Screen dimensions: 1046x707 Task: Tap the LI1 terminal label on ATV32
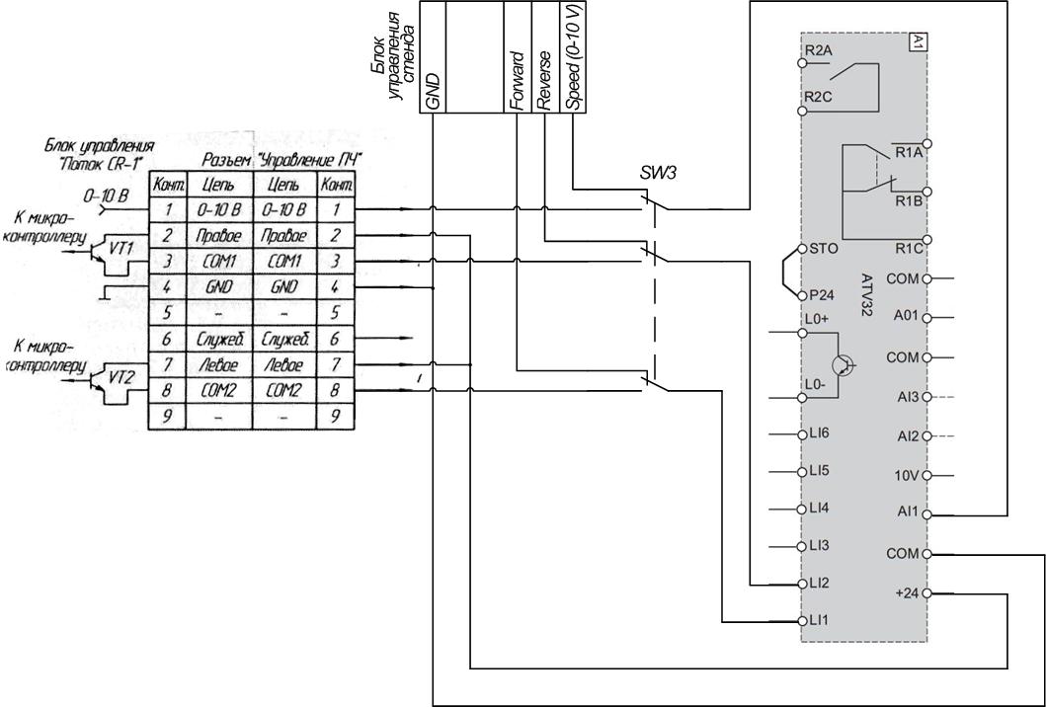click(819, 620)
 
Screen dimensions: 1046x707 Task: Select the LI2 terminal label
click(819, 583)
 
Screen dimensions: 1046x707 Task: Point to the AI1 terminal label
click(908, 512)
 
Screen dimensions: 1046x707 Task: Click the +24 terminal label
click(908, 592)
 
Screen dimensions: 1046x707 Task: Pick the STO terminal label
click(823, 249)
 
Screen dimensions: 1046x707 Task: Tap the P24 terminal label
click(821, 295)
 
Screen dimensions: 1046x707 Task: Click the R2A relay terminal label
click(818, 50)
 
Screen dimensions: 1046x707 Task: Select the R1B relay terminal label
click(909, 200)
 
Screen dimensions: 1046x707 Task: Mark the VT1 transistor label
click(121, 249)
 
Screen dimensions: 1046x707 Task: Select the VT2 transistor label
click(121, 378)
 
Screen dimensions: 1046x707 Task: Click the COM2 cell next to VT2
click(218, 389)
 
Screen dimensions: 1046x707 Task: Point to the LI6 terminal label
click(819, 433)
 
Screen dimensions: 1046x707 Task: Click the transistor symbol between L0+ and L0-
click(843, 364)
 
